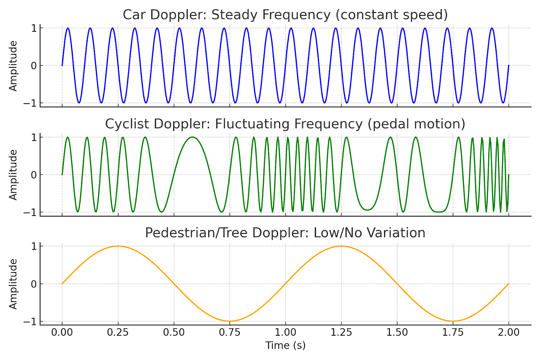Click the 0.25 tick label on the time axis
pos(118,332)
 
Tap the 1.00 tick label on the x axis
pos(286,332)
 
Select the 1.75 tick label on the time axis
pos(453,332)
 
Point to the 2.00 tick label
pos(509,332)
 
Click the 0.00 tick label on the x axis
pos(62,332)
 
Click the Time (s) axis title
pos(286,345)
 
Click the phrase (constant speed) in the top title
pos(394,15)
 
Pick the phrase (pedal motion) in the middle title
pos(416,124)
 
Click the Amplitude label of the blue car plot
pos(13,66)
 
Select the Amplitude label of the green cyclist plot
pos(13,175)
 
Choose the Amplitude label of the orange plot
pos(13,284)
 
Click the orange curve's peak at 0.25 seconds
pos(118,246)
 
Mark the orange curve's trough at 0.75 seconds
pos(230,321)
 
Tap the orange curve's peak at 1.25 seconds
pos(341,246)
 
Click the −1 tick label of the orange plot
pos(30,322)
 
